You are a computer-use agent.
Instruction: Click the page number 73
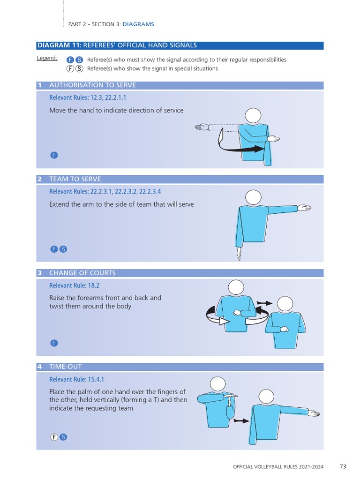click(343, 466)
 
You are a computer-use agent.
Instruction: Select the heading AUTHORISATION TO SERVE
click(92, 85)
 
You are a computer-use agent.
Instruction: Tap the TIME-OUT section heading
click(66, 367)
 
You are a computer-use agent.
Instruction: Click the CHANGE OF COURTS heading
click(82, 273)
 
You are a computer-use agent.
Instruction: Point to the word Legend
click(47, 58)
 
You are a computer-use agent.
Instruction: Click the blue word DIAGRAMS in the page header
click(138, 24)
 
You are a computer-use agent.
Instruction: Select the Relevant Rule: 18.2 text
click(75, 285)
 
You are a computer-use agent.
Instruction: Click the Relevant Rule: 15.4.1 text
click(76, 379)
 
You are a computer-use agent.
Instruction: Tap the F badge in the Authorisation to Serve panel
click(54, 155)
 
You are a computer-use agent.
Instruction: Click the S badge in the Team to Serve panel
click(63, 249)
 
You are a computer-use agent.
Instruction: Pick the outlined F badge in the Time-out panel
click(54, 437)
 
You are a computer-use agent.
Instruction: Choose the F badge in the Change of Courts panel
click(54, 343)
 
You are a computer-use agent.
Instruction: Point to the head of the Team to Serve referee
click(254, 197)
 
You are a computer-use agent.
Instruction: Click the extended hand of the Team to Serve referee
click(304, 208)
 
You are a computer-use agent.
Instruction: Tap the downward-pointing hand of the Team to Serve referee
click(239, 254)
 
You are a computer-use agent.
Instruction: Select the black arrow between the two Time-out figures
click(241, 421)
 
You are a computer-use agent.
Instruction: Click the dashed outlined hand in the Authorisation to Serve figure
click(202, 127)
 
